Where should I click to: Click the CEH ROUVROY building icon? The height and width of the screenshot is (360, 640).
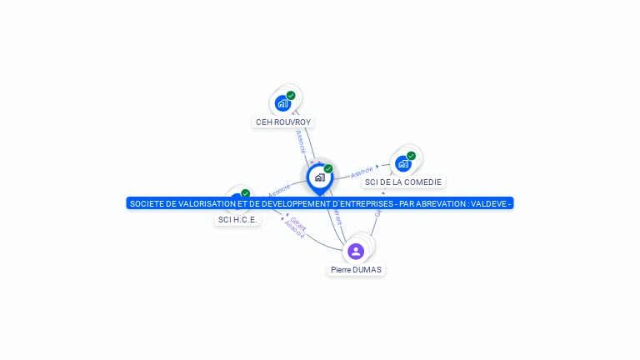[x=282, y=104]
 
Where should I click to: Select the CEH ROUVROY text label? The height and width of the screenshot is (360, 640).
[x=283, y=122]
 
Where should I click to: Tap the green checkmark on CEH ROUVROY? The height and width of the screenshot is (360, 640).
[x=291, y=96]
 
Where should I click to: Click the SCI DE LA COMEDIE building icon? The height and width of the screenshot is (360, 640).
[x=403, y=164]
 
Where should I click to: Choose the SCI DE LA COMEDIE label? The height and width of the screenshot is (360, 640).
[x=404, y=182]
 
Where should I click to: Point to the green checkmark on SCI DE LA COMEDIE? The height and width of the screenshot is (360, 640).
[x=411, y=156]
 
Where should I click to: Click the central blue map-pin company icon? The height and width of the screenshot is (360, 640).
[x=319, y=177]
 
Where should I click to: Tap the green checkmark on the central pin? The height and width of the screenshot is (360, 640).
[x=328, y=168]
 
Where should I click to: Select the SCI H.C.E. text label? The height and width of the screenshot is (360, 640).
[x=237, y=219]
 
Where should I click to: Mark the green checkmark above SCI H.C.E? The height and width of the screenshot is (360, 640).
[x=245, y=193]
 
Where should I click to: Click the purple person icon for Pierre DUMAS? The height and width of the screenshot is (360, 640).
[x=356, y=251]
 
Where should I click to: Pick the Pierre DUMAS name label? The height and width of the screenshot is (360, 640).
[x=356, y=269]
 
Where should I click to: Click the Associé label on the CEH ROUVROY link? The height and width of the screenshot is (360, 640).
[x=301, y=141]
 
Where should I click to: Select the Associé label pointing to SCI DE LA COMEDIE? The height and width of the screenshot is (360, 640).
[x=362, y=172]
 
